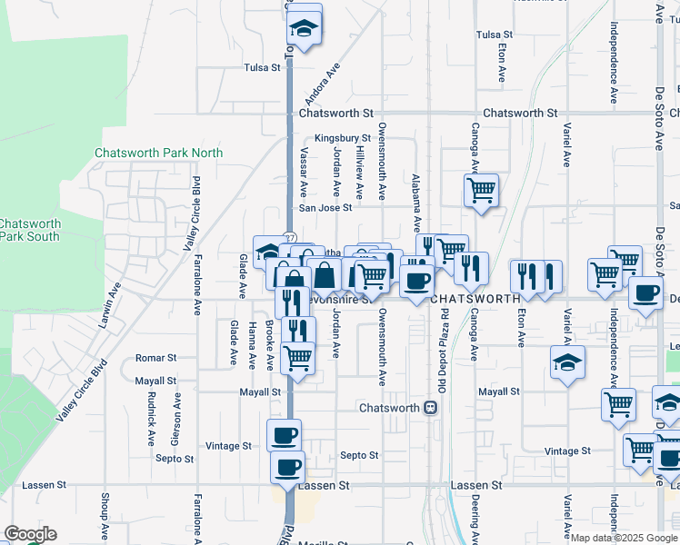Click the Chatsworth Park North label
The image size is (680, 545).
[x=158, y=154]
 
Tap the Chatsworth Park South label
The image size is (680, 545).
[x=29, y=230]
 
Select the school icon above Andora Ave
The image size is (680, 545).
[x=305, y=29]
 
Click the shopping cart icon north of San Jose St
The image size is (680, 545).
[x=481, y=191]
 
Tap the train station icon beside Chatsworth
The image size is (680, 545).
[x=430, y=408]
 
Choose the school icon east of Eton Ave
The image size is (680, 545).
[x=567, y=364]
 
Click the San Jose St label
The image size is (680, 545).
[x=326, y=208]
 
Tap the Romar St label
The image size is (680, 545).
[x=155, y=359]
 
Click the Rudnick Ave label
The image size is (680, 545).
[x=151, y=419]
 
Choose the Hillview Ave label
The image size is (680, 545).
[x=359, y=173]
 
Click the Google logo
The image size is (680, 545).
[x=30, y=535]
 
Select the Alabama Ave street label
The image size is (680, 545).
[x=416, y=202]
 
